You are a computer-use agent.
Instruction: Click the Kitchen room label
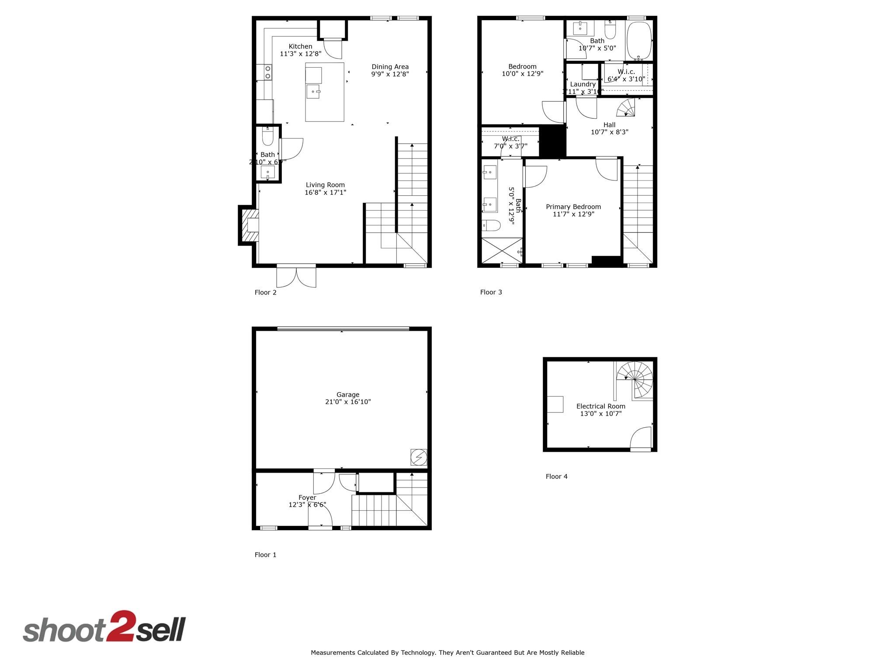pos(300,46)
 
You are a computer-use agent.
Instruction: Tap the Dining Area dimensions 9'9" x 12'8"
pos(390,74)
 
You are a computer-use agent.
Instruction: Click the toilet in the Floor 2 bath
pos(267,138)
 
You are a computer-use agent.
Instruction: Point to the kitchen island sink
pos(314,92)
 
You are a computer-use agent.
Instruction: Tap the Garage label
pos(347,394)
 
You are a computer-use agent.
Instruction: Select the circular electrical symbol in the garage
pos(419,457)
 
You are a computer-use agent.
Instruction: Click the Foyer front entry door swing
pos(321,517)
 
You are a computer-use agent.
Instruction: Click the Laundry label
pos(583,84)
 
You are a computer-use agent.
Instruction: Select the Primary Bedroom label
pos(573,207)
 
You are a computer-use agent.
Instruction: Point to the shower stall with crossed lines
pos(502,250)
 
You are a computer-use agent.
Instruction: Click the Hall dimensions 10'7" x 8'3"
pos(609,132)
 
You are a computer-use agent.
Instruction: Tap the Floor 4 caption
pos(556,476)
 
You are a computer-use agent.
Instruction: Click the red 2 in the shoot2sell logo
pos(119,626)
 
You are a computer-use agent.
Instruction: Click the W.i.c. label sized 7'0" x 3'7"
pos(510,139)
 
